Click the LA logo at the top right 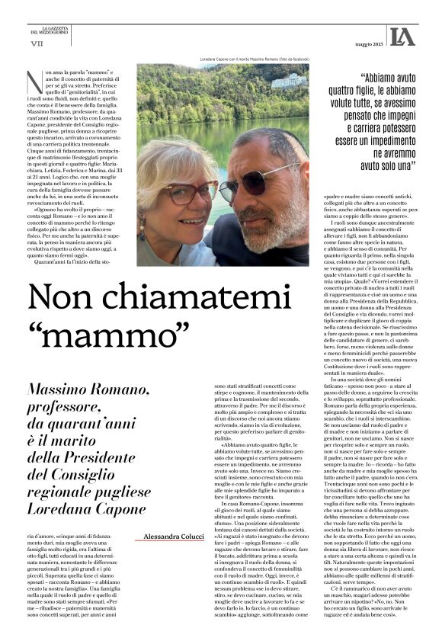coord(402,35)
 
